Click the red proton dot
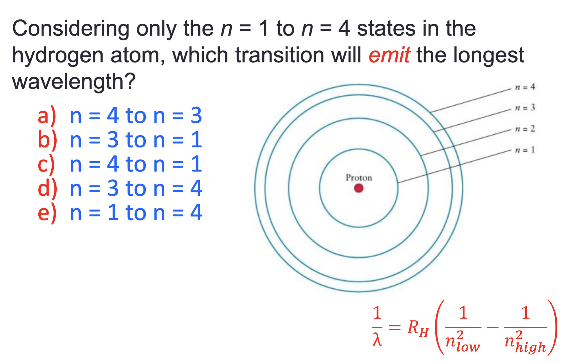click(358, 188)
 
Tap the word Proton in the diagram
click(359, 178)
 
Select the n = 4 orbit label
click(525, 87)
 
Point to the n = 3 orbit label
click(525, 108)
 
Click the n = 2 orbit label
click(525, 129)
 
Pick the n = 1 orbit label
click(525, 150)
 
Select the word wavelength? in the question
click(73, 81)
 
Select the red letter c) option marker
click(46, 164)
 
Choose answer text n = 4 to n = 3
click(136, 116)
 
